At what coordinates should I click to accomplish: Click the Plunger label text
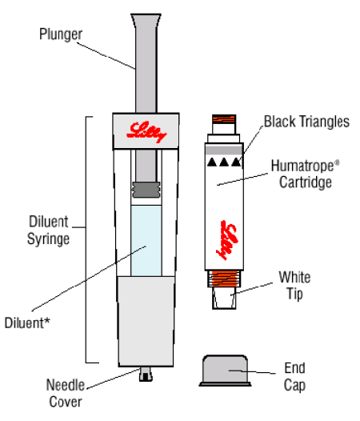(x=61, y=34)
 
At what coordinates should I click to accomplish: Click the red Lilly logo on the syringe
(x=146, y=131)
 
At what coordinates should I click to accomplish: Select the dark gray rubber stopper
(x=146, y=190)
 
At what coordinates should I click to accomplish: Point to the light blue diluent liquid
(x=146, y=241)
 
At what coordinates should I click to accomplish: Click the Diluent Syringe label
(x=48, y=230)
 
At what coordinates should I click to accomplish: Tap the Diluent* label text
(x=27, y=323)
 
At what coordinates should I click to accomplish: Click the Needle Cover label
(x=66, y=393)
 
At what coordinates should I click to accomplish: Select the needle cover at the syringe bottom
(x=146, y=374)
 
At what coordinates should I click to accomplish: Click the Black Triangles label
(x=306, y=122)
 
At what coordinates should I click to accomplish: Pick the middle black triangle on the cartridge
(x=224, y=162)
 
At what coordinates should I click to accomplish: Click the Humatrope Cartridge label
(x=306, y=174)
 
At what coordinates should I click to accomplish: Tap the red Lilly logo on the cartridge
(x=227, y=240)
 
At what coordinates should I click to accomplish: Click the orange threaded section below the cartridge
(x=224, y=279)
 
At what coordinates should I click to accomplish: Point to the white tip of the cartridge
(x=224, y=298)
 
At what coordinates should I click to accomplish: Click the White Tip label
(x=294, y=285)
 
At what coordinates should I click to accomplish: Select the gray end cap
(x=225, y=371)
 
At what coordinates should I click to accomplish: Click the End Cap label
(x=294, y=376)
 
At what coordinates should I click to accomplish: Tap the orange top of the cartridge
(x=224, y=119)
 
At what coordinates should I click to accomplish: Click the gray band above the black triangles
(x=224, y=150)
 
